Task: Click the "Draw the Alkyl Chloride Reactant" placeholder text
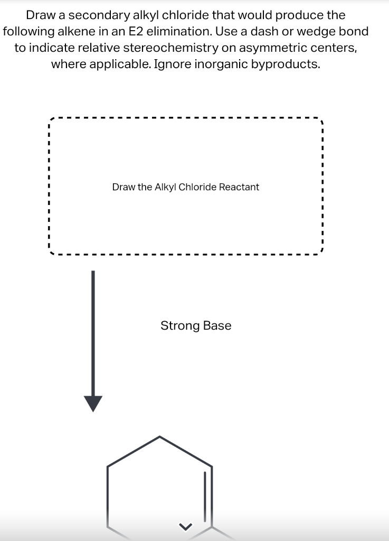[x=185, y=187]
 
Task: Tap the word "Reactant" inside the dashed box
[x=239, y=187]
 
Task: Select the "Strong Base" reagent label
[x=196, y=325]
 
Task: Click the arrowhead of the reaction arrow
[x=93, y=404]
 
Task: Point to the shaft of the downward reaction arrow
[x=93, y=333]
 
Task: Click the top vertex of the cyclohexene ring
[x=160, y=437]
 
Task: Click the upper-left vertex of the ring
[x=108, y=466]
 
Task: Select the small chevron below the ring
[x=184, y=526]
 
